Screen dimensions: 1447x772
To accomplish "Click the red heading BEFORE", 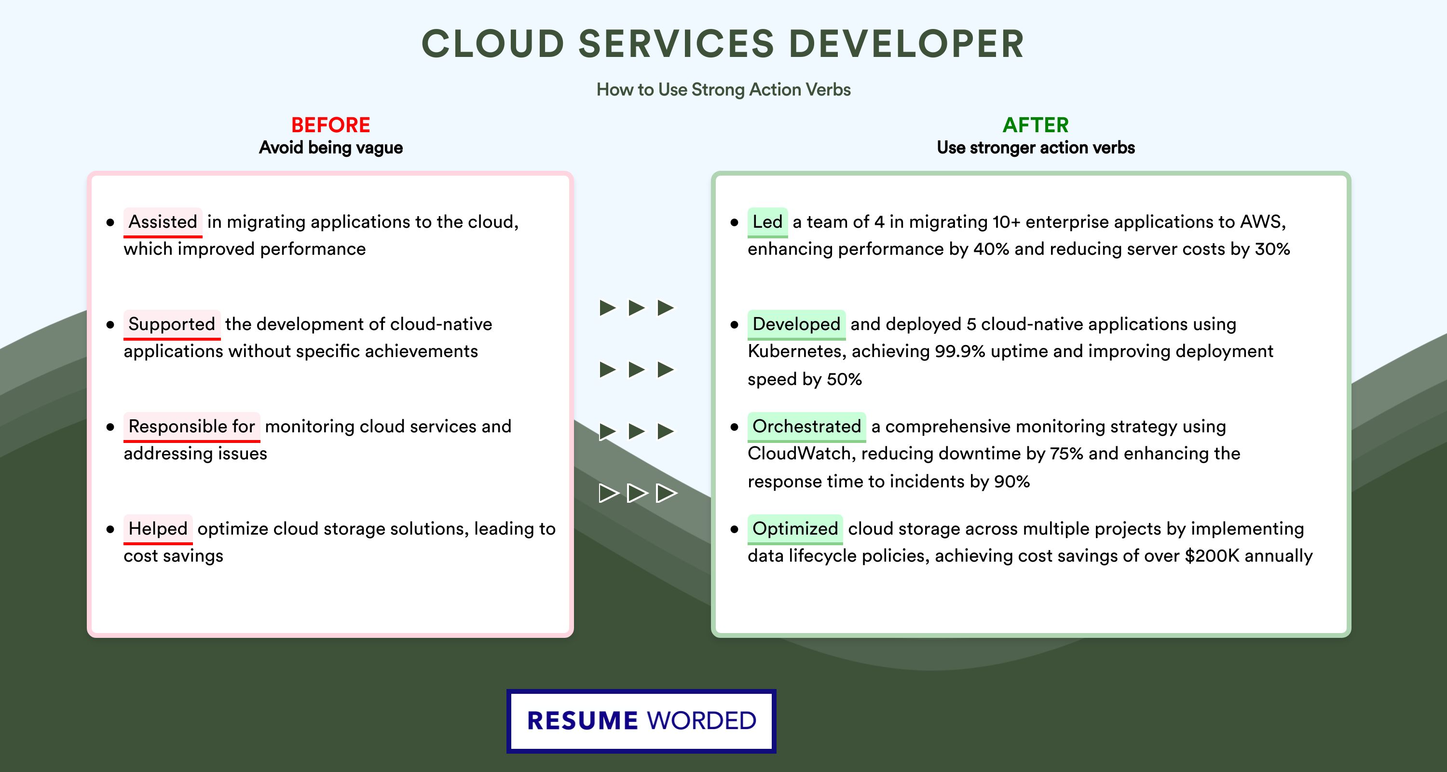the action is (x=330, y=125).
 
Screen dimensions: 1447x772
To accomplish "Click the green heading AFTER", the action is (x=1035, y=125).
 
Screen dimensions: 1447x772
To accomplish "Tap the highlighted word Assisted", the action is (x=163, y=222).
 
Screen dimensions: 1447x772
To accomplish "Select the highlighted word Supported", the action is (x=172, y=324).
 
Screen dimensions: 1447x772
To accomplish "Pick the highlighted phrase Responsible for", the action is (x=191, y=427).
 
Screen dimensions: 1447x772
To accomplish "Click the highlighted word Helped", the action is (x=158, y=529).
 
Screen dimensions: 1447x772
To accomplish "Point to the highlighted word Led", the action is (x=767, y=222).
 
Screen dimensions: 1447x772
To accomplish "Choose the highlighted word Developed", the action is (x=796, y=324).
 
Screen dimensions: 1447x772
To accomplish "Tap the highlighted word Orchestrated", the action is (x=806, y=427).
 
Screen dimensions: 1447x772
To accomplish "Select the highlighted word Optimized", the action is (x=795, y=529).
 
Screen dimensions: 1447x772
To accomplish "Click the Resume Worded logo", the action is (x=642, y=721).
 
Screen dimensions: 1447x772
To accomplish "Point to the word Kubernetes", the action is (x=798, y=352).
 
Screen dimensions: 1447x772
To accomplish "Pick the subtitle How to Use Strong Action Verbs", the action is (x=723, y=90).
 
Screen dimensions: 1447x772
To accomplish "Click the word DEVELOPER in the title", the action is (x=907, y=44).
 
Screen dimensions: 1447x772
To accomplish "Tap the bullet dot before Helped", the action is (x=110, y=529).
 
